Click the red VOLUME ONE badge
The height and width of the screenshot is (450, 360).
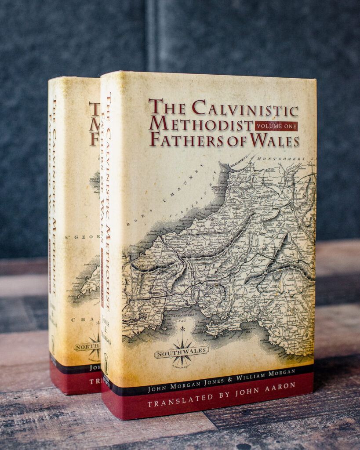[276, 126]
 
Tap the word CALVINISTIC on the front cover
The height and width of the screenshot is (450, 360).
[245, 108]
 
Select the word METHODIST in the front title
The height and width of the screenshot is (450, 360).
[201, 124]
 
